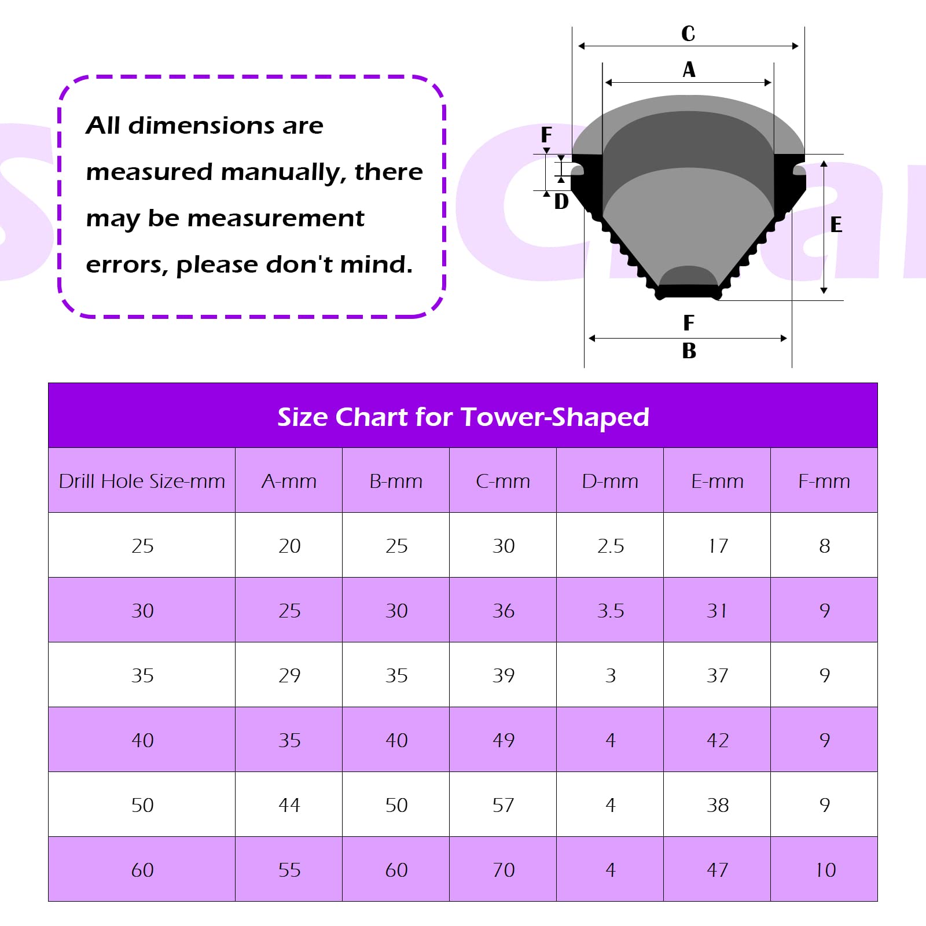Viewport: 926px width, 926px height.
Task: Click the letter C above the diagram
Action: (x=688, y=34)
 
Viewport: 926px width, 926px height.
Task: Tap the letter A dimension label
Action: (x=689, y=69)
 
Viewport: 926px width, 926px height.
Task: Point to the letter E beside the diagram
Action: (x=836, y=225)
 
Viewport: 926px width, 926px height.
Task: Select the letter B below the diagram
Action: (x=689, y=351)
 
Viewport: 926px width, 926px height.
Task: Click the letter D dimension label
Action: (x=561, y=201)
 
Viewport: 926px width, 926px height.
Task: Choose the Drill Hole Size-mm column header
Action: (x=142, y=481)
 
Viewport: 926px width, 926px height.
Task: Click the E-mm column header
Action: (x=717, y=481)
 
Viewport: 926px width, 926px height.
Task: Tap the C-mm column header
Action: (x=503, y=481)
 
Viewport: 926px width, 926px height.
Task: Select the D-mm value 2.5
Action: (x=611, y=546)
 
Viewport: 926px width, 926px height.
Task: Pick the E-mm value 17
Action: (x=718, y=546)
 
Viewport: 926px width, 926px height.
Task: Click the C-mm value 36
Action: (x=504, y=611)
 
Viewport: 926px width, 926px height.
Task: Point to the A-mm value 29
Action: (x=289, y=675)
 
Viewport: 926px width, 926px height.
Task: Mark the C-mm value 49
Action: (x=504, y=740)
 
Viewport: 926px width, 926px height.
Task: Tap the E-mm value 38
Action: (x=718, y=805)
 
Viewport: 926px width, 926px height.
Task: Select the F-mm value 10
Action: (x=825, y=870)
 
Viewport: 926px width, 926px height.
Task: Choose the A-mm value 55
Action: (x=289, y=870)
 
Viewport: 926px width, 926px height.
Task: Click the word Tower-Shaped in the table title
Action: (x=555, y=417)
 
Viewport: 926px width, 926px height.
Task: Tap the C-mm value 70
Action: (x=504, y=870)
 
